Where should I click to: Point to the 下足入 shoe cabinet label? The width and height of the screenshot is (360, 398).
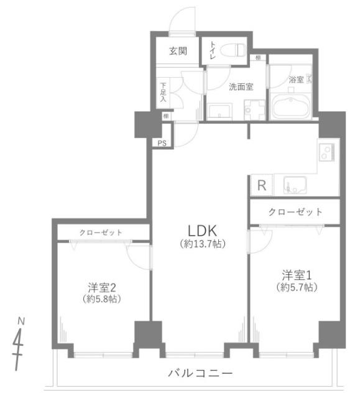point(163,91)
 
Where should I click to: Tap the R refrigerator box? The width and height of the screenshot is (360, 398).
point(262,185)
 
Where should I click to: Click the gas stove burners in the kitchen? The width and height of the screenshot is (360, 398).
point(326,152)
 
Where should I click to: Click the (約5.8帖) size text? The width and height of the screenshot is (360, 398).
point(101,299)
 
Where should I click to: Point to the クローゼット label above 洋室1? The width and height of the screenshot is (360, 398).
point(295,211)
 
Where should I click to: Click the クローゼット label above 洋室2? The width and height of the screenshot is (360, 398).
point(101,233)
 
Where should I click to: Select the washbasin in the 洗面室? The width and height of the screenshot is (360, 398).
point(219,111)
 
